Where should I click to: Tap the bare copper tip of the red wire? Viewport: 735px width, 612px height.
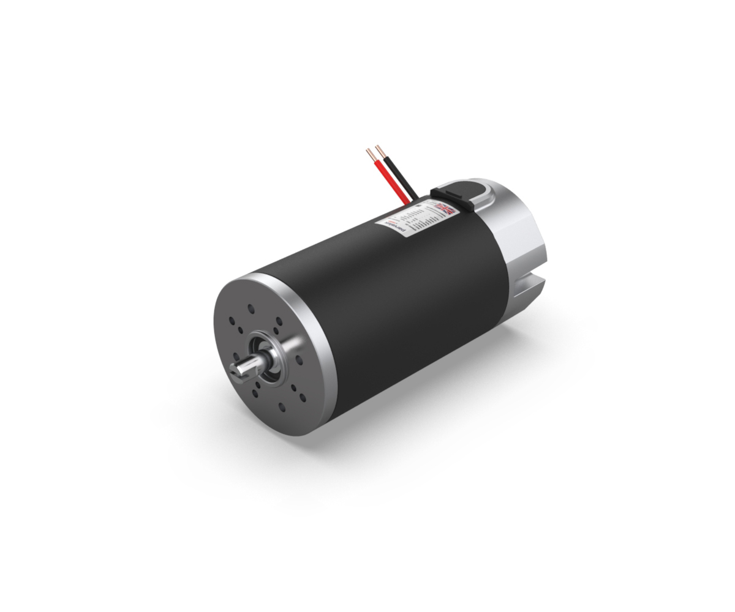369,153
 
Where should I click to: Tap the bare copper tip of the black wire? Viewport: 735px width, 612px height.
380,150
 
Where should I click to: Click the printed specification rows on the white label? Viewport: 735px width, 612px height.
417,218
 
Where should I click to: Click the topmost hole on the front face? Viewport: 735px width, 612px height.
251,309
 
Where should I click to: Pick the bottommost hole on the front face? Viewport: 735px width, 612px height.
282,406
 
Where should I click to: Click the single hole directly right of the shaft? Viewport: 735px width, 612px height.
299,359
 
